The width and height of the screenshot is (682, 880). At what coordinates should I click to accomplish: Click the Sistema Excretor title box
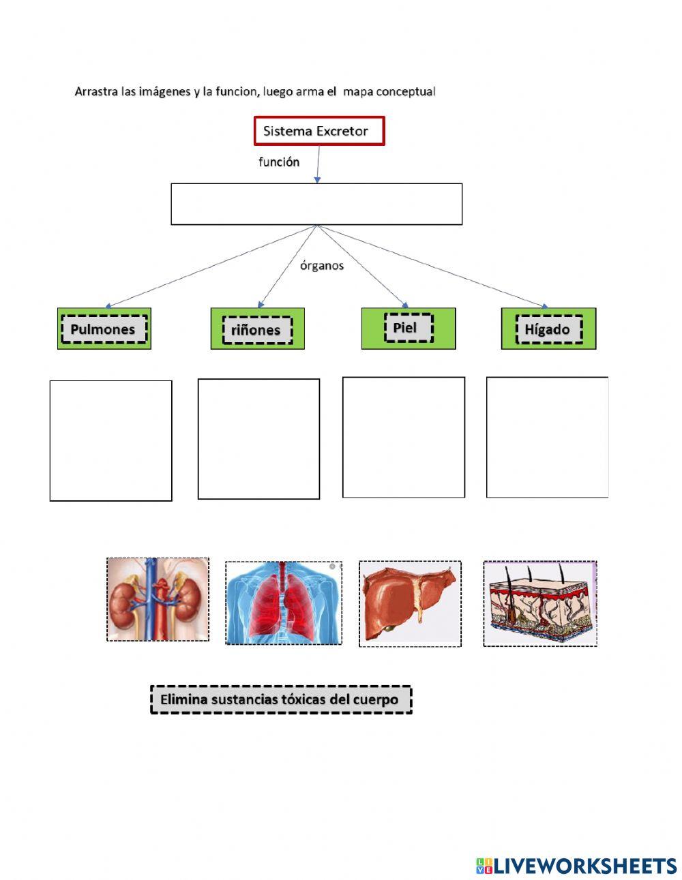click(x=319, y=131)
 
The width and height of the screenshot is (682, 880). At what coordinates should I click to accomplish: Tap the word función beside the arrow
click(x=278, y=162)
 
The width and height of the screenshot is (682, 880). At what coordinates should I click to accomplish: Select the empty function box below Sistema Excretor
click(x=316, y=204)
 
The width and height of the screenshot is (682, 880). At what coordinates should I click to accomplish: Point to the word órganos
click(x=322, y=266)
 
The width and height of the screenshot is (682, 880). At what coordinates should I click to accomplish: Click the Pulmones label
click(x=103, y=329)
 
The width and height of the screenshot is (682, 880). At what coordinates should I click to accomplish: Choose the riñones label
click(x=256, y=330)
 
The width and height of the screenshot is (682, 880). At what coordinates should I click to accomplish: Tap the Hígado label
click(x=548, y=330)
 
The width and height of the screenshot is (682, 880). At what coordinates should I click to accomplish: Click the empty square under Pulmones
click(x=110, y=440)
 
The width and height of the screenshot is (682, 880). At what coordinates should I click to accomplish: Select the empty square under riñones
click(x=258, y=439)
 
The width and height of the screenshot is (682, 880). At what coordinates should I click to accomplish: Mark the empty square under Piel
click(x=403, y=437)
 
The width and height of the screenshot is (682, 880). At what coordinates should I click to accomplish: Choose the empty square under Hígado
click(x=547, y=437)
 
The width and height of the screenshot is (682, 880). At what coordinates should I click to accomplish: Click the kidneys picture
click(x=158, y=599)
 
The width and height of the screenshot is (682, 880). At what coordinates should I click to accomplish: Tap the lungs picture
click(x=283, y=603)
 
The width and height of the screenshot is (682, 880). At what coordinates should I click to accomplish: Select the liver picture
click(x=410, y=604)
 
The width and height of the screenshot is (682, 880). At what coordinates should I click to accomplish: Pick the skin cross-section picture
click(x=539, y=603)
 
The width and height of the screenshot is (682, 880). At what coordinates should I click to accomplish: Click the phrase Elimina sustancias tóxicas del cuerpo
click(x=280, y=699)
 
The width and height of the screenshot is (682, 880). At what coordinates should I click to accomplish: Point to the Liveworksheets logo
click(x=576, y=866)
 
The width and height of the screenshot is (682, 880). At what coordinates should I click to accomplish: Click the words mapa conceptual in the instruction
click(x=389, y=91)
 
